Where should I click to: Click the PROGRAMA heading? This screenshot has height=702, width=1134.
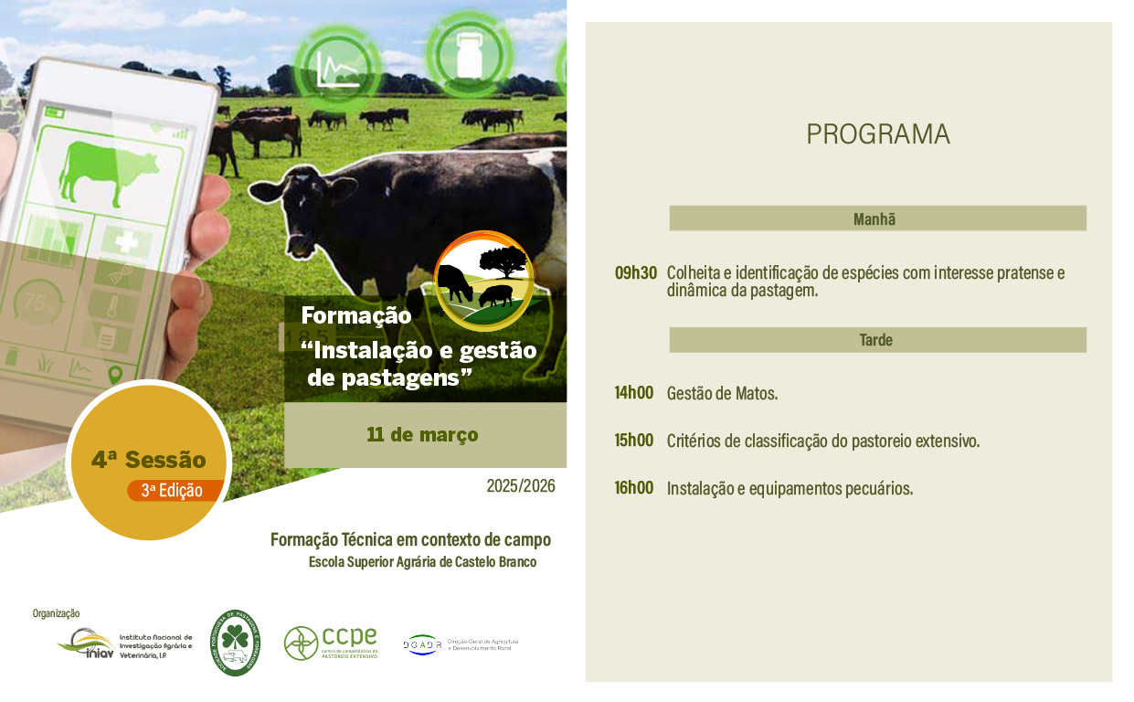[x=877, y=134]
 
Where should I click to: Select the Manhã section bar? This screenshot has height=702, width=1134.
[x=877, y=218]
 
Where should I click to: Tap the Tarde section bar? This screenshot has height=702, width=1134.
[x=877, y=340]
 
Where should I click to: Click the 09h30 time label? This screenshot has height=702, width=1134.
[x=635, y=272]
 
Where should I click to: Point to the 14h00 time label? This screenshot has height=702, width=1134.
[x=634, y=393]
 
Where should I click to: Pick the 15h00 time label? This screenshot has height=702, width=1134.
[x=634, y=441]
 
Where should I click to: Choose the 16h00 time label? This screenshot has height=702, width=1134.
[x=634, y=488]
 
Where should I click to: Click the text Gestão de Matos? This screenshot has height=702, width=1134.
[x=722, y=394]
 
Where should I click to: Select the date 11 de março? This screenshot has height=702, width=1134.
[x=422, y=434]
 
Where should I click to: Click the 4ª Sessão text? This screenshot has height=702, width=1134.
[x=148, y=460]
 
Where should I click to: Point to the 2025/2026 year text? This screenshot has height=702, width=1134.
[x=521, y=486]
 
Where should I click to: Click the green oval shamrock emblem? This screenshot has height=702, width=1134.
[x=235, y=643]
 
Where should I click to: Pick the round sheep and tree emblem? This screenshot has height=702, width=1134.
[x=483, y=280]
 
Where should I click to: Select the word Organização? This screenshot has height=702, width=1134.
[x=56, y=613]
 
